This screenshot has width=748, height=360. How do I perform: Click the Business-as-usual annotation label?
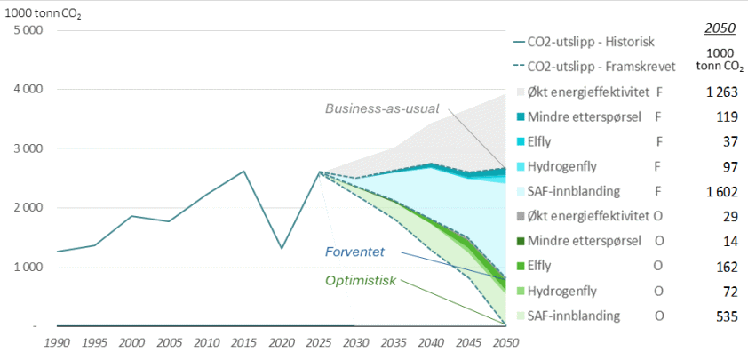[x=382, y=108]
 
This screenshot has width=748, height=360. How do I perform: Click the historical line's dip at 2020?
[x=281, y=248]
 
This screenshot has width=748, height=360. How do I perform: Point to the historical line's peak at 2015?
[x=243, y=171]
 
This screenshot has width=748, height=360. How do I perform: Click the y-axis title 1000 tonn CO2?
[x=42, y=12]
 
